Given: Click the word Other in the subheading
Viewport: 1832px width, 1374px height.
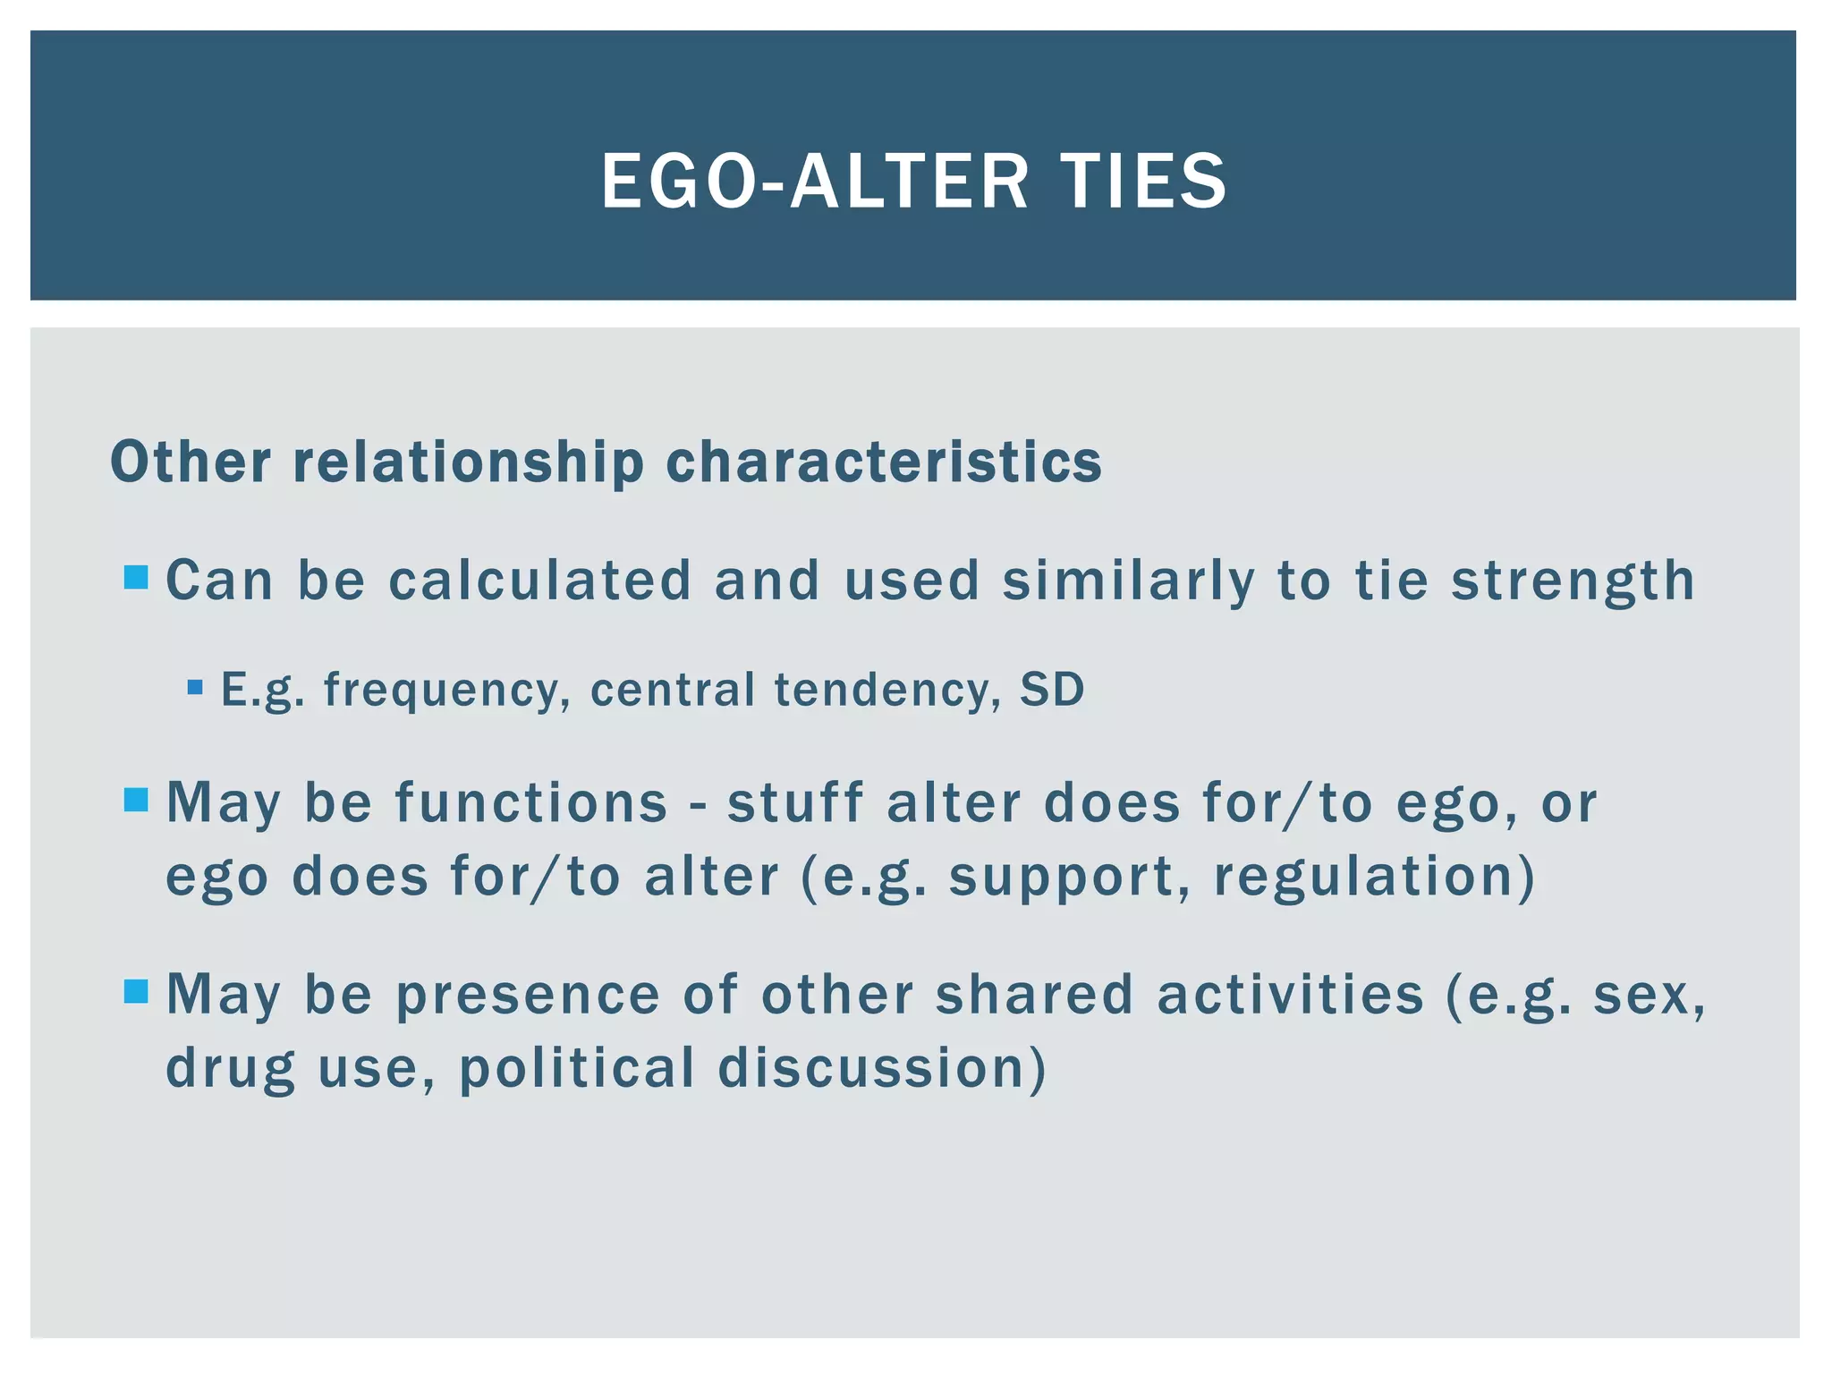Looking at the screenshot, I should coord(191,462).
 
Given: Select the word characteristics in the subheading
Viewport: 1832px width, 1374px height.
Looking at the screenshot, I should coord(884,462).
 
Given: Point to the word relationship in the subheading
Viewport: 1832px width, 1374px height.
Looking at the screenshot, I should coord(468,462).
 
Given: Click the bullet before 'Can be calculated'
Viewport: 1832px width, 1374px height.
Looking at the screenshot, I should coord(136,578).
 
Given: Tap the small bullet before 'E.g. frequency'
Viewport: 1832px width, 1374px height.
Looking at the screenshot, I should coord(195,688).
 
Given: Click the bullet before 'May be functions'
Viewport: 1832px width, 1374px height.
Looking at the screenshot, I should coord(136,800).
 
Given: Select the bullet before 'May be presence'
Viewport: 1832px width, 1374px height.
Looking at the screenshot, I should coord(136,991).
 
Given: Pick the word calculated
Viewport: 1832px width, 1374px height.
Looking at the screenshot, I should coord(540,580).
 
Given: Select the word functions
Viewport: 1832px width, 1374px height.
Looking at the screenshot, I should coord(531,802).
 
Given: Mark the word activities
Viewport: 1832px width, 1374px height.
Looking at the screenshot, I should coord(1290,995).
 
